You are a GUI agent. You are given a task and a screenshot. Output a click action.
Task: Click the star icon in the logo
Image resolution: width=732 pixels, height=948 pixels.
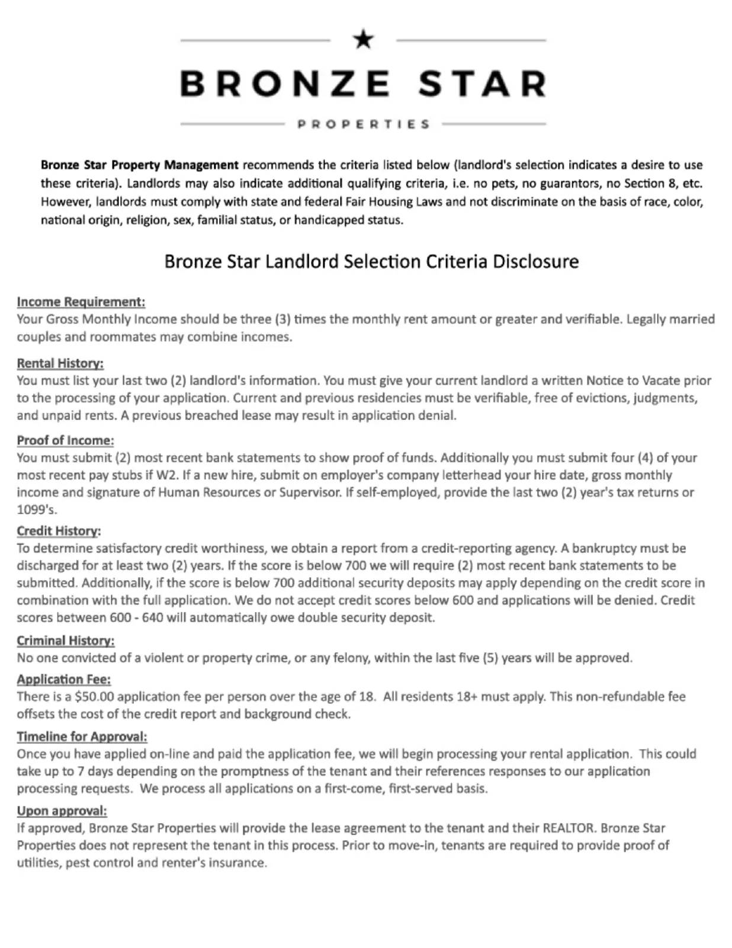tap(363, 40)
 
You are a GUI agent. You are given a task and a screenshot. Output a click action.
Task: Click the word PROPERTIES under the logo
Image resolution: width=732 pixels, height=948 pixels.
tap(363, 124)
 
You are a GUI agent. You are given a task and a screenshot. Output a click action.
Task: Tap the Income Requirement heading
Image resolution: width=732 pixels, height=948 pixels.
tap(81, 302)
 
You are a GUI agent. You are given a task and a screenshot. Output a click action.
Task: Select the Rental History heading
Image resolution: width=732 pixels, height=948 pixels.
tap(60, 363)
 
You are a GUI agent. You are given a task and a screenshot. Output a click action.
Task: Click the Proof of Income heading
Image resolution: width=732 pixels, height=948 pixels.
tap(65, 440)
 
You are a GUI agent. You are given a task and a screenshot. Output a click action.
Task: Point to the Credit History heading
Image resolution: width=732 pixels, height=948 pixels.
tap(59, 531)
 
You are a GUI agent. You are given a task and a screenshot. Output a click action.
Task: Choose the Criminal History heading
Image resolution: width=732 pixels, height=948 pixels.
tap(65, 640)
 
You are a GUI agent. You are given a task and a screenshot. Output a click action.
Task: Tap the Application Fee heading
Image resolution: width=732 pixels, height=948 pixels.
tap(63, 679)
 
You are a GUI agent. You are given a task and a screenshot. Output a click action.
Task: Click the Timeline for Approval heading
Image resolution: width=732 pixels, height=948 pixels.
tap(82, 736)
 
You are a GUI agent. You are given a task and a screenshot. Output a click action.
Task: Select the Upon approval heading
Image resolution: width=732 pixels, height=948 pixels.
tap(62, 811)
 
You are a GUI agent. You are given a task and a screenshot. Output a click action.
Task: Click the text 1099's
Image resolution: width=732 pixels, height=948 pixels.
tap(37, 510)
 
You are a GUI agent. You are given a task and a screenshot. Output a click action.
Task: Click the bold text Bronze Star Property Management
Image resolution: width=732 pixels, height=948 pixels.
tap(139, 165)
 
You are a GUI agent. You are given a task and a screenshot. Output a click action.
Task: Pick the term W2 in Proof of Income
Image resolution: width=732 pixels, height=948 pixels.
tap(166, 475)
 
